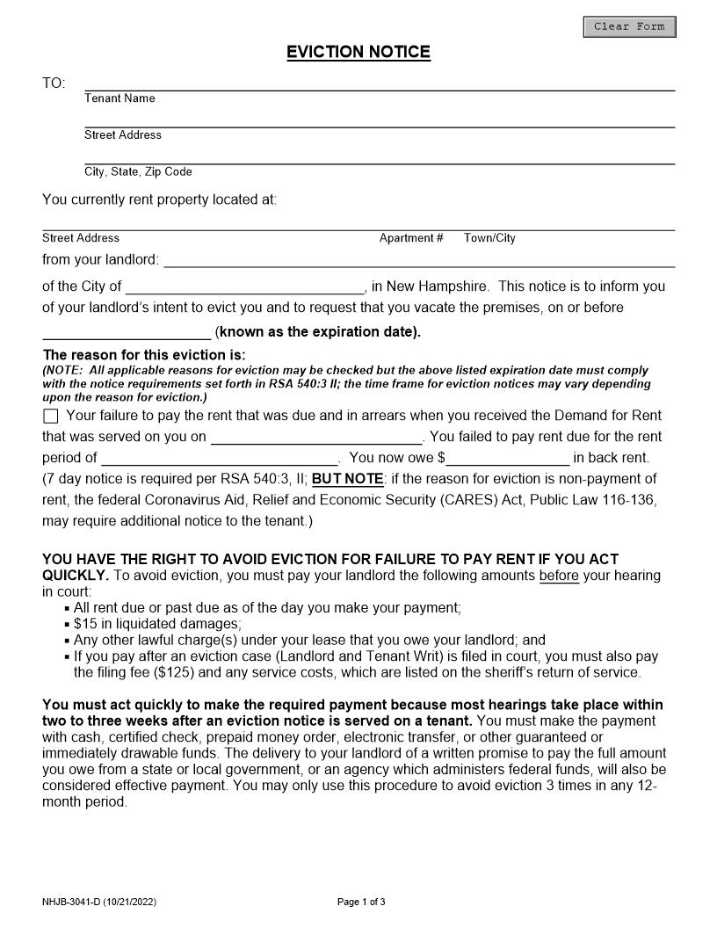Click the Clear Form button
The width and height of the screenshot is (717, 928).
coord(629,27)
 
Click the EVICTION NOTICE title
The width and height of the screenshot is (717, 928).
coord(358,53)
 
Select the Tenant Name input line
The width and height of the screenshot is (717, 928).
coord(379,83)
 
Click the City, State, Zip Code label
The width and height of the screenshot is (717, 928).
coord(138,172)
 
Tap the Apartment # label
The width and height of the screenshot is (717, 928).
coord(410,238)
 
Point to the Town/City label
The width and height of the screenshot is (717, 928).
coord(489,238)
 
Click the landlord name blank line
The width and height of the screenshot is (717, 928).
coord(419,260)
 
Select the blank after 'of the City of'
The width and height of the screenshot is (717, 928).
coord(245,286)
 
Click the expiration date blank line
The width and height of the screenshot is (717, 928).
coord(127,332)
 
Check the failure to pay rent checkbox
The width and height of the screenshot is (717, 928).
coord(50,416)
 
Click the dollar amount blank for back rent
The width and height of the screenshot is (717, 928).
coord(508,458)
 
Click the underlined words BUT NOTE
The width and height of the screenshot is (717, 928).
coord(347,479)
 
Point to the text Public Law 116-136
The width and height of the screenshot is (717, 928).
coord(597,500)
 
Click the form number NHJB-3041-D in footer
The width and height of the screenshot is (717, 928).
coord(71,902)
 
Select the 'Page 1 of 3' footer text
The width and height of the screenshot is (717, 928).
coord(361,902)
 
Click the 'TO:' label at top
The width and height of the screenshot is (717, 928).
coord(54,83)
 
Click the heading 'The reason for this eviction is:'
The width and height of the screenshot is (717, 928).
coord(144,356)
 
